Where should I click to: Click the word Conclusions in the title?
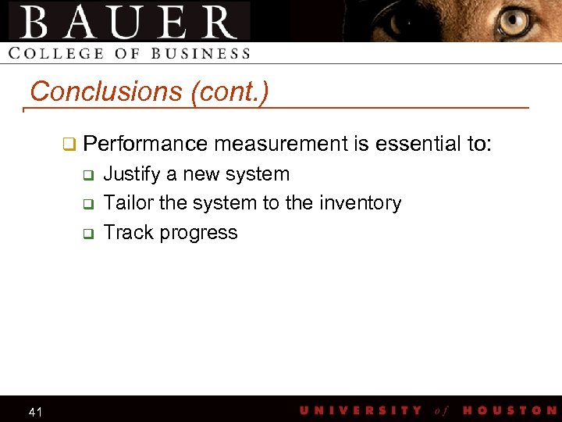(106, 92)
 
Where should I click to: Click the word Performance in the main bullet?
(145, 144)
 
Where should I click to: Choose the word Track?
(126, 232)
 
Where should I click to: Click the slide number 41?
(35, 411)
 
